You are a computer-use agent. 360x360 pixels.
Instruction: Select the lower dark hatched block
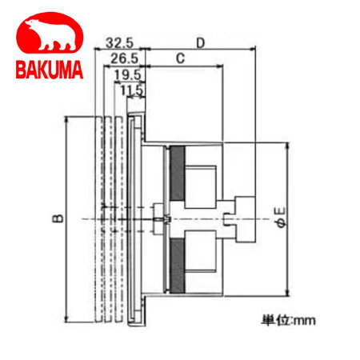177,261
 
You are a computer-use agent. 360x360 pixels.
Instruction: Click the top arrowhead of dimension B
67,120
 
